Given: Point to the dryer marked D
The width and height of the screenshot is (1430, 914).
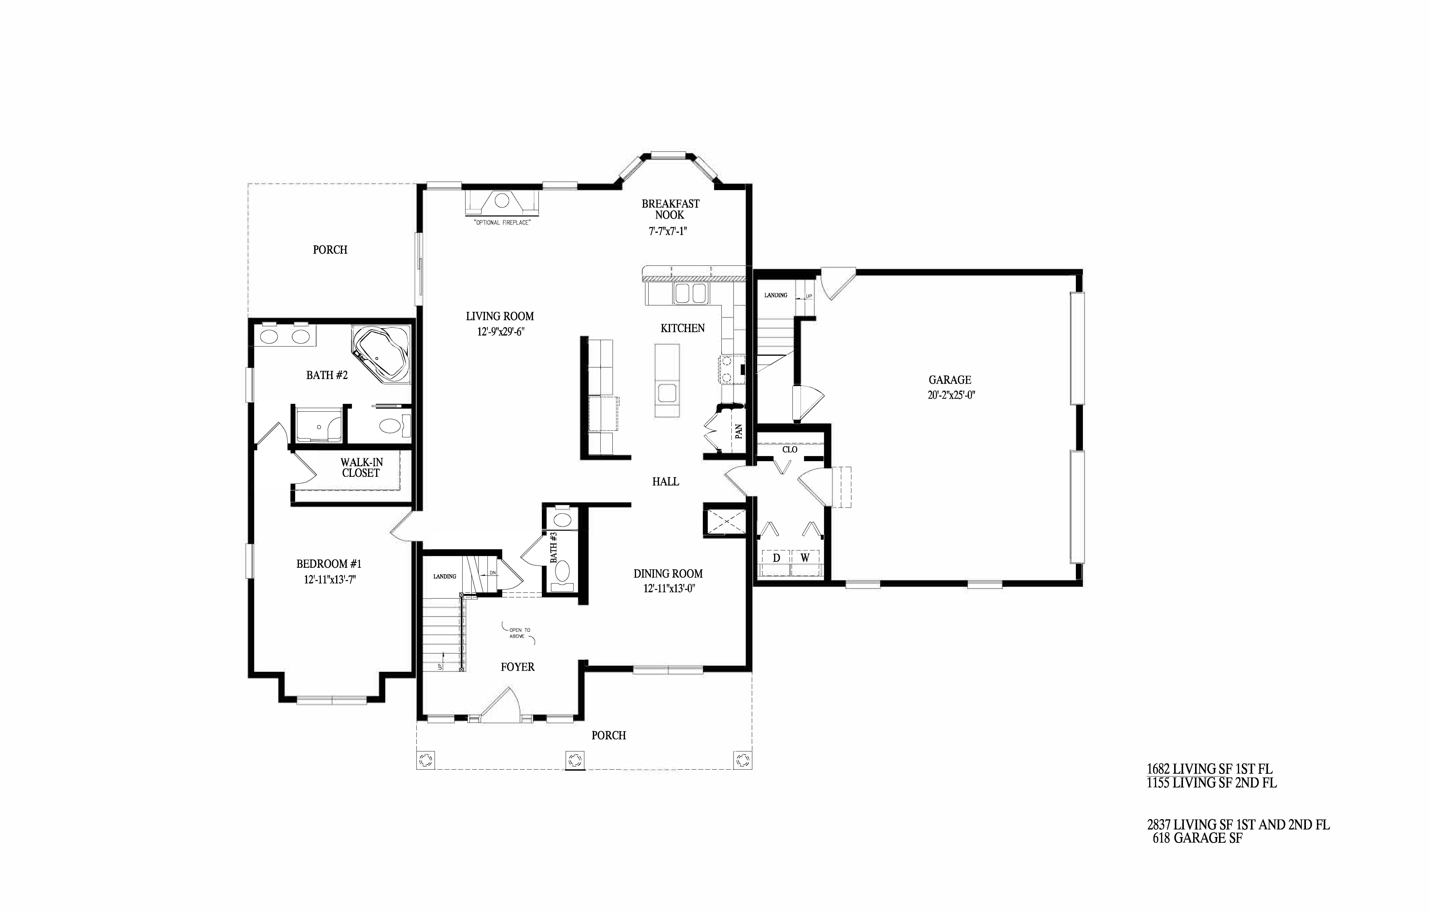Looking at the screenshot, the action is tap(776, 562).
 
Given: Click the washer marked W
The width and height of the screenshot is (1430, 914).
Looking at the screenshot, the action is tap(805, 562).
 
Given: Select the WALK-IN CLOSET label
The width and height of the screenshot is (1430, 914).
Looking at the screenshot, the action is tap(361, 467).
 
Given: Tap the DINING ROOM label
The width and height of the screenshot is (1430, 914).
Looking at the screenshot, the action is tap(668, 574).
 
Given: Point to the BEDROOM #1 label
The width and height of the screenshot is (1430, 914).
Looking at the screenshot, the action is tap(329, 564).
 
